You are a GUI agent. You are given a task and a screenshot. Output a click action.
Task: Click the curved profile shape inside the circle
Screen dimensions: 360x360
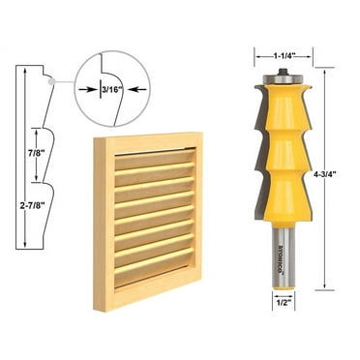coord(107,73)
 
